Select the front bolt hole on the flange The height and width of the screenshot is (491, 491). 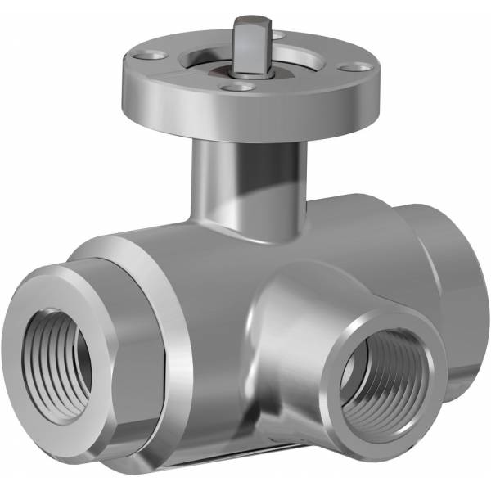tap(240, 85)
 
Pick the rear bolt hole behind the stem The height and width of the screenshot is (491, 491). tap(278, 35)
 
